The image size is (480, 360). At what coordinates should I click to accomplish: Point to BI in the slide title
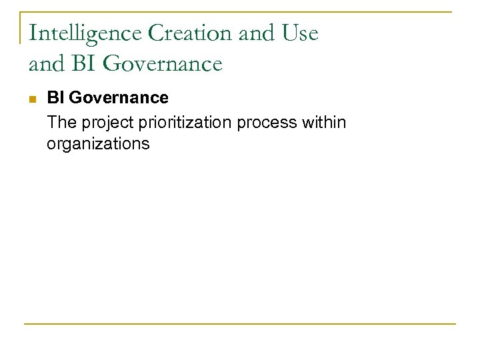coord(82,63)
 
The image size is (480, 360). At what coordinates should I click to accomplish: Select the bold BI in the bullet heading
coord(56,98)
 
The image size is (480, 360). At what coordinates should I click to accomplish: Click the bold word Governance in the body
coord(118,98)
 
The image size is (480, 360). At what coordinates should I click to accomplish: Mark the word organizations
coord(98,143)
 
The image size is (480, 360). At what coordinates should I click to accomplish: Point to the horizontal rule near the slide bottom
coord(240,324)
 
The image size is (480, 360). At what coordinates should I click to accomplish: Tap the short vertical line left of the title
coord(21,27)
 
